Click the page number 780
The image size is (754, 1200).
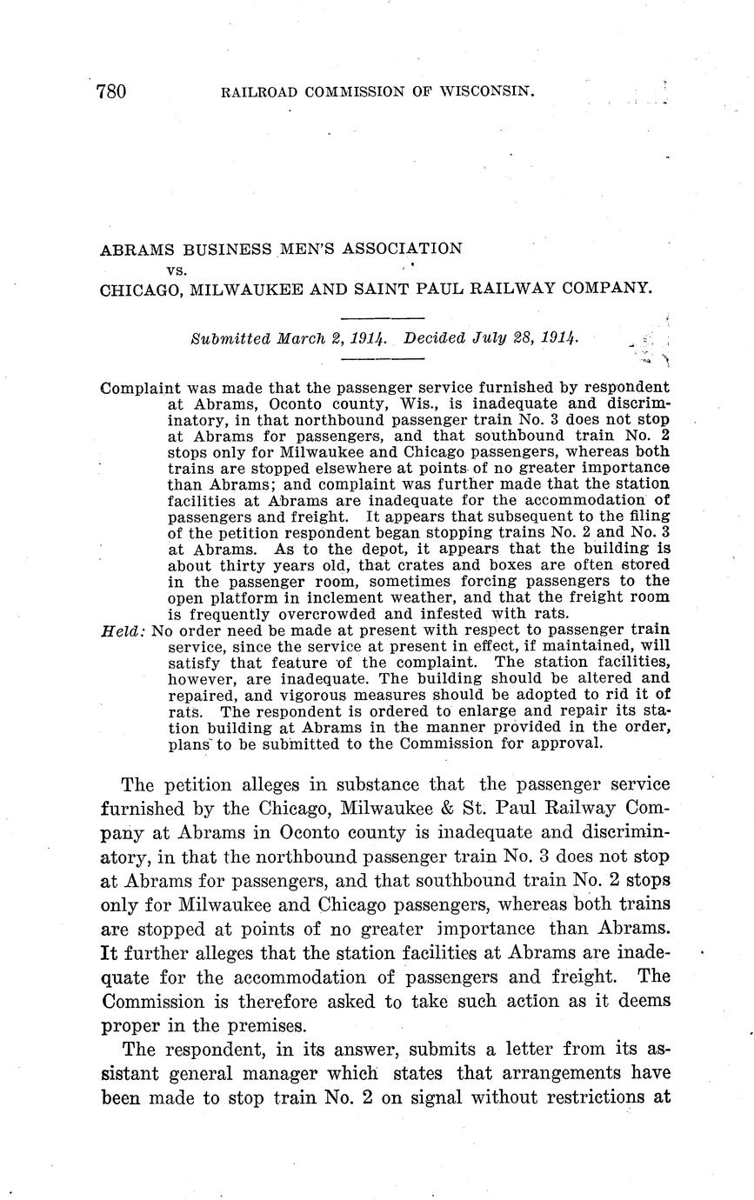(113, 91)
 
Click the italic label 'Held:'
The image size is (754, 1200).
(123, 631)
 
